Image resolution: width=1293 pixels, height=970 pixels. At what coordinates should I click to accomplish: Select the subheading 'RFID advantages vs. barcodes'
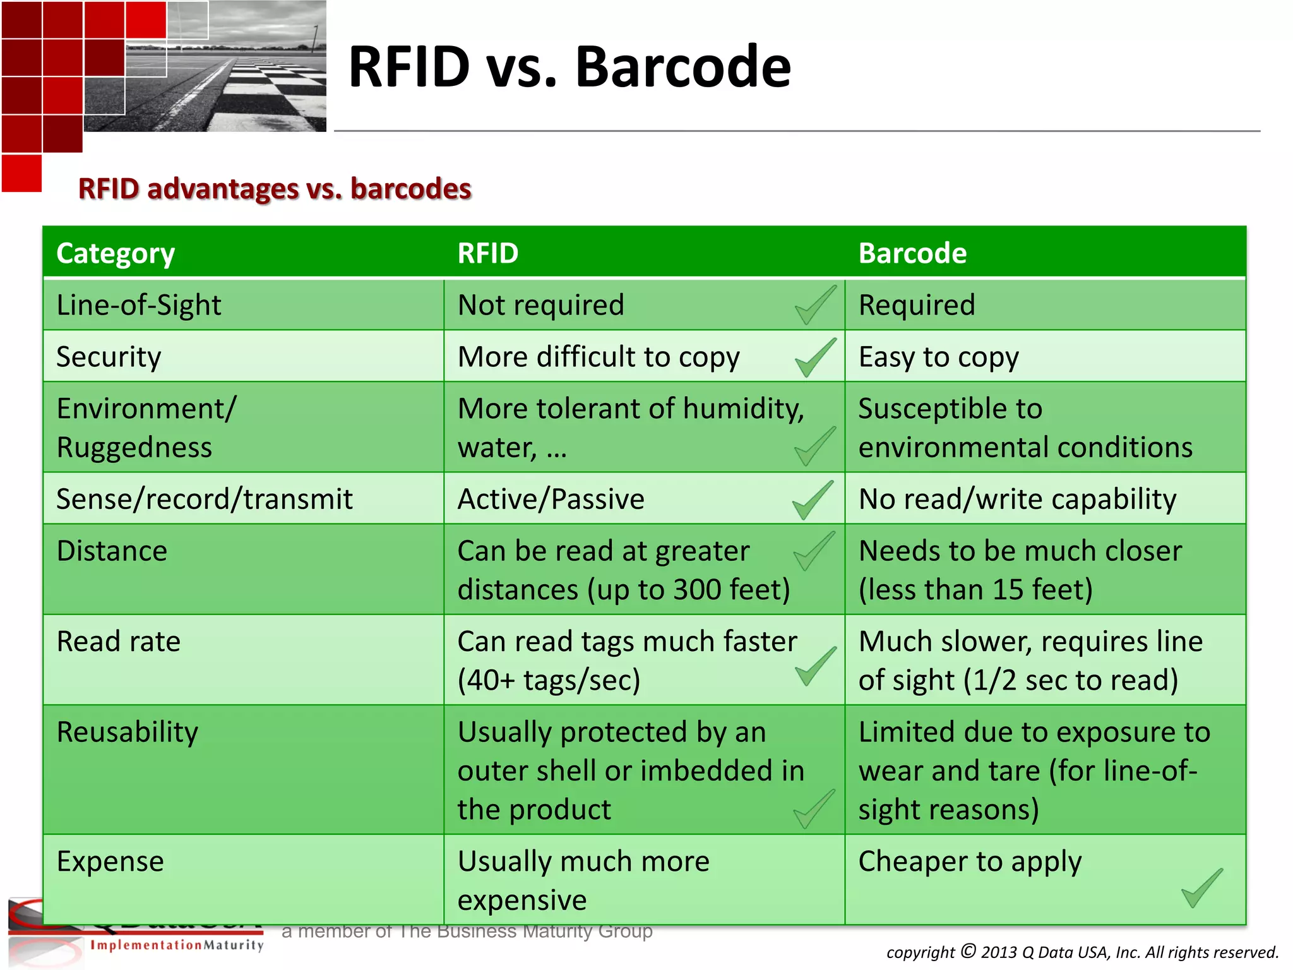[275, 189]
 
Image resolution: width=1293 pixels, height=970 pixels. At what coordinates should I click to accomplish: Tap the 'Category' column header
[116, 253]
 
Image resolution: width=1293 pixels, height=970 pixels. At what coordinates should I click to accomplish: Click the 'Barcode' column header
[912, 253]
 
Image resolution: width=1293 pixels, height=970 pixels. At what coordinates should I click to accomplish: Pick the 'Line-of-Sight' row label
[139, 305]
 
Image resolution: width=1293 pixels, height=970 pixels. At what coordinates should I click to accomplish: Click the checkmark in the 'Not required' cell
[815, 305]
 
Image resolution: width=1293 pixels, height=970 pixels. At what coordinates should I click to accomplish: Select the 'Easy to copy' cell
[938, 357]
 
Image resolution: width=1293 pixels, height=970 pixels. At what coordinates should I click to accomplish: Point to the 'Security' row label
[109, 357]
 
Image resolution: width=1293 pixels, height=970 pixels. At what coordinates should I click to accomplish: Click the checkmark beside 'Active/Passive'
[813, 500]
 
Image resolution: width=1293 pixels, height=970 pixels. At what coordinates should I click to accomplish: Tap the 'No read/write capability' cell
[1017, 499]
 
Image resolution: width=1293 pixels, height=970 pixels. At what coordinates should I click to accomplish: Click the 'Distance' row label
[112, 551]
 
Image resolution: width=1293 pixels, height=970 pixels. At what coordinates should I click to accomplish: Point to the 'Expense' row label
[110, 861]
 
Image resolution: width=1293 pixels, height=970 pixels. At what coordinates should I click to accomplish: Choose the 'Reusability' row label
[127, 732]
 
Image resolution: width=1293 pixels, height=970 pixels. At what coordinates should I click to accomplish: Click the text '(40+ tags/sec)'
[549, 680]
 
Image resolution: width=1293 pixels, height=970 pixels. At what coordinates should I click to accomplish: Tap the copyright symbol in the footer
[968, 950]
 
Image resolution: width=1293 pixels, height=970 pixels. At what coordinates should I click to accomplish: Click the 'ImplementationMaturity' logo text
[177, 945]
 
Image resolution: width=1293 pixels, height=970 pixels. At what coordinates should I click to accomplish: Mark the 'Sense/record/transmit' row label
[204, 499]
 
